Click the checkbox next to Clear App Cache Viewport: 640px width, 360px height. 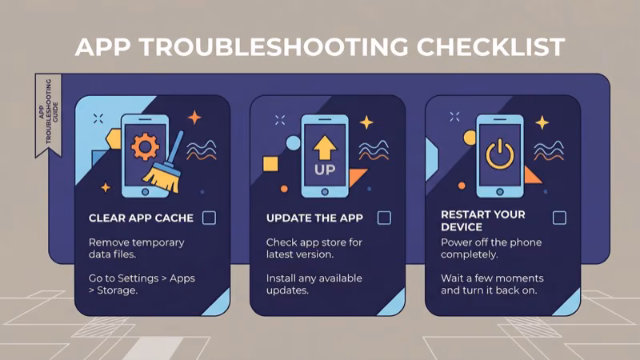coord(209,218)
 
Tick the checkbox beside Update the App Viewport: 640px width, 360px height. coord(384,218)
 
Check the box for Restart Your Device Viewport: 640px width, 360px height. coord(559,218)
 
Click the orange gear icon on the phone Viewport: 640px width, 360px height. coord(144,146)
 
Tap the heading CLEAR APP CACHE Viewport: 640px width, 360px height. coord(141,218)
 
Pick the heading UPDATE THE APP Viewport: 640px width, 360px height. coord(314,218)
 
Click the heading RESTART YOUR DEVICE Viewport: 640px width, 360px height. coord(483,221)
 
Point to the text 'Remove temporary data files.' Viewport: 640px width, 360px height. coord(137,248)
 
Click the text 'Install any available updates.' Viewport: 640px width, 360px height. coord(314,284)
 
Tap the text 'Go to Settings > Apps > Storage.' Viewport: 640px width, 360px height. coord(142,284)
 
